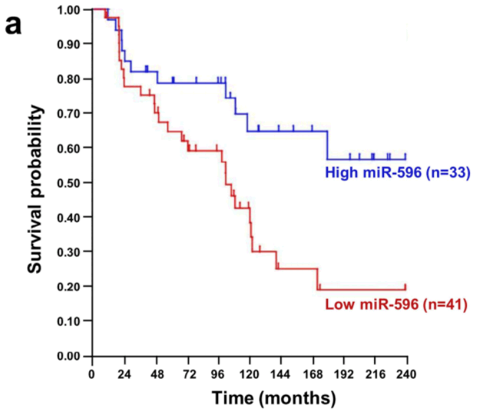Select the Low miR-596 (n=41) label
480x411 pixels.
click(397, 305)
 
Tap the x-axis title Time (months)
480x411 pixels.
click(273, 398)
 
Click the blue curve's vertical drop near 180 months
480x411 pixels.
click(328, 145)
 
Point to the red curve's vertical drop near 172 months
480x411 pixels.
click(317, 279)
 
